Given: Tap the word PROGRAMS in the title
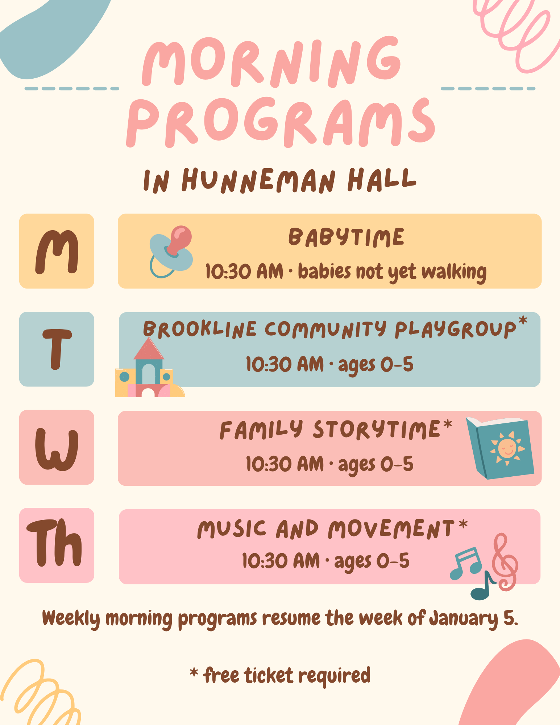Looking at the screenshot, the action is click(281, 122).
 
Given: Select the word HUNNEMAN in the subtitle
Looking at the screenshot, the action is click(258, 180).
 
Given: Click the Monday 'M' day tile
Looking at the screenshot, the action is click(57, 251).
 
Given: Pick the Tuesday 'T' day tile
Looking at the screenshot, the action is click(57, 349).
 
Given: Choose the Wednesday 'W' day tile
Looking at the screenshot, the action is click(57, 447).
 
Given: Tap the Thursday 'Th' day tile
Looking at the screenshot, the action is click(57, 545).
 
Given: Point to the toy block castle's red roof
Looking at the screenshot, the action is click(149, 349).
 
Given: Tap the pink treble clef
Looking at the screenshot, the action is click(505, 562).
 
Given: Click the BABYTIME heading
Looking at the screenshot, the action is click(346, 237).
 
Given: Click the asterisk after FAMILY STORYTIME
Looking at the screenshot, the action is click(448, 424).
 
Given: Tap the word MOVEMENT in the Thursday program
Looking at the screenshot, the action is click(391, 529).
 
